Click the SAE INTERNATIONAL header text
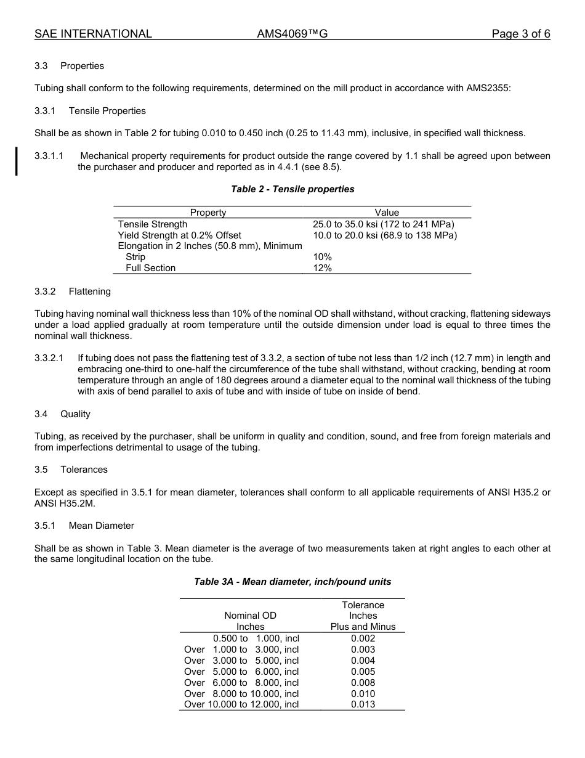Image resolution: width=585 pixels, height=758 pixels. [x=93, y=34]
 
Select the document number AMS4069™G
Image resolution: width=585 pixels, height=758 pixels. [x=292, y=34]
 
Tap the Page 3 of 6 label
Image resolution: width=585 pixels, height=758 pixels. [x=520, y=34]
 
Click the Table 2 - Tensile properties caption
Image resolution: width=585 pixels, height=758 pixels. [x=292, y=189]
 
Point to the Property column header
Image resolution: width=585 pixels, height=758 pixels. [x=208, y=213]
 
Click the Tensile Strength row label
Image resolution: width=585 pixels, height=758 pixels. [x=153, y=224]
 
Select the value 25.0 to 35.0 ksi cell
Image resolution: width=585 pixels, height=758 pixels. [x=383, y=224]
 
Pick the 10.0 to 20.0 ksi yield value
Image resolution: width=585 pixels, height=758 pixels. [x=384, y=235]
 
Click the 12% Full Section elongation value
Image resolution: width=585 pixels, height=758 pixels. [x=322, y=268]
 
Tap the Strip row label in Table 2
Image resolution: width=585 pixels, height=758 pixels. [x=135, y=257]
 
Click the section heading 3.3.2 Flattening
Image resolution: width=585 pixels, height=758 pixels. [x=73, y=291]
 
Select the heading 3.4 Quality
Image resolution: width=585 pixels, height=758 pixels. [x=62, y=414]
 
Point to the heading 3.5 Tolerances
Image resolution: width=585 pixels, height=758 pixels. [x=71, y=470]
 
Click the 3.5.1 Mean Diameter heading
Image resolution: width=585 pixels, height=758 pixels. [x=84, y=526]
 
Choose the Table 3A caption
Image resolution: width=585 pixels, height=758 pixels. [x=292, y=582]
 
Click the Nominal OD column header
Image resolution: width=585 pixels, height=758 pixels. [x=250, y=616]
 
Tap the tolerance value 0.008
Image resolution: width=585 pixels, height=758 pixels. [x=363, y=683]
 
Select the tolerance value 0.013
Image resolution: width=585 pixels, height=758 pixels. [x=363, y=704]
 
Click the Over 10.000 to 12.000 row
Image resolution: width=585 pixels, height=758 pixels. [x=241, y=704]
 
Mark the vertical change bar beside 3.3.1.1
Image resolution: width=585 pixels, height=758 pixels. [x=17, y=161]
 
